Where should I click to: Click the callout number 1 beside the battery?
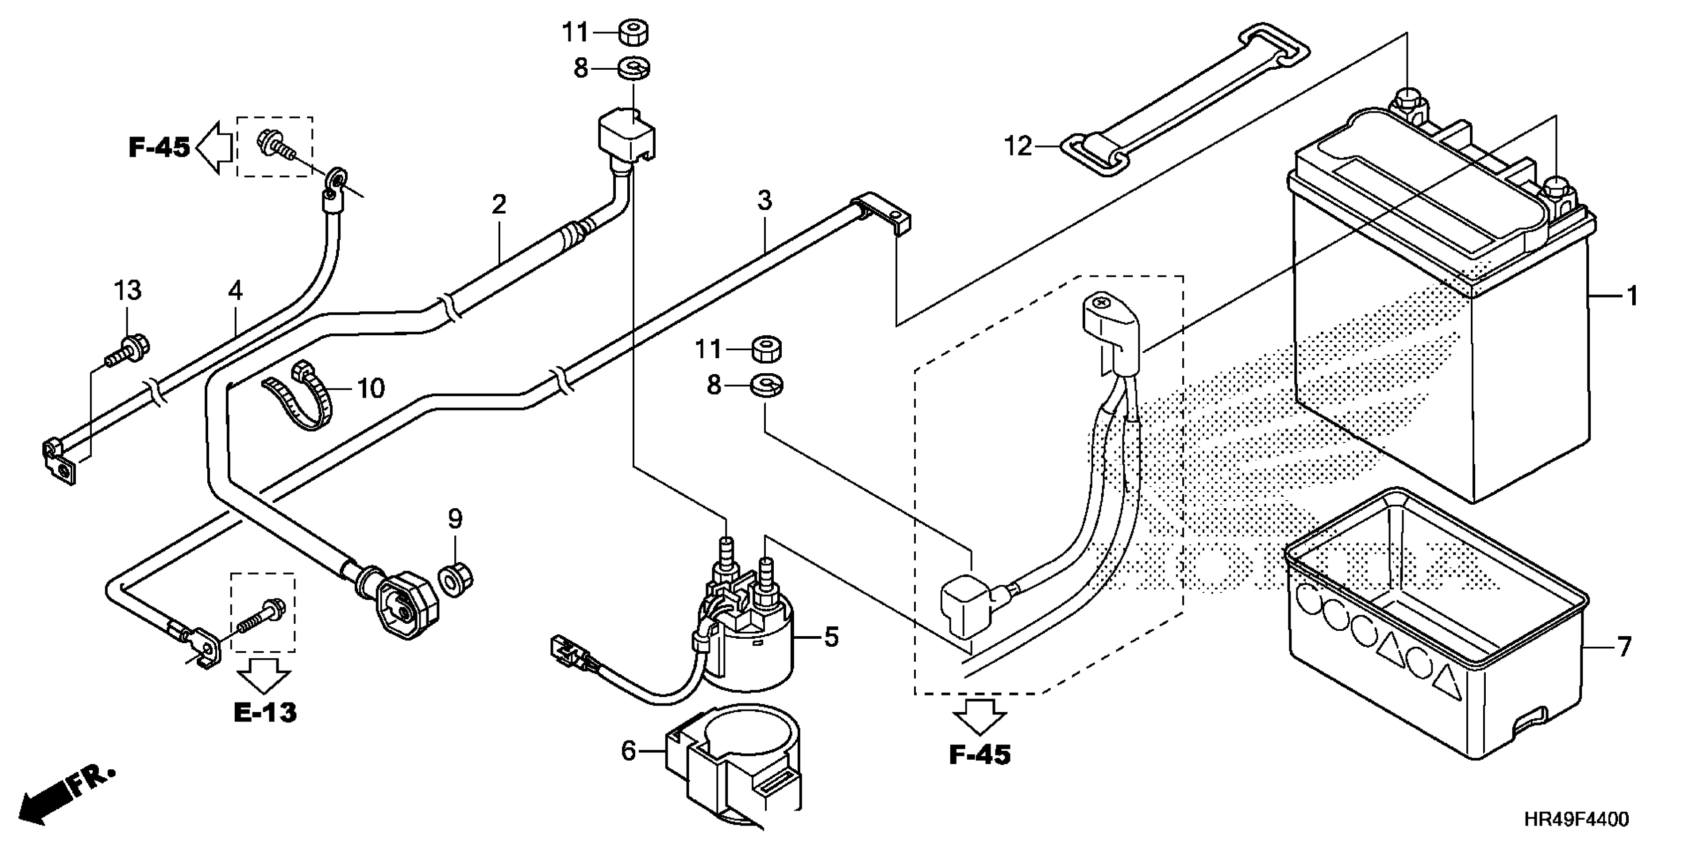(x=1632, y=297)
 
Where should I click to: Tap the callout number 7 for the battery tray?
(x=1624, y=647)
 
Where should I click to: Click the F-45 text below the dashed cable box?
(x=979, y=755)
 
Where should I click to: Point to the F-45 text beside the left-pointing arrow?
(x=159, y=147)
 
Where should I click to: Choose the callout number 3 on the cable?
(x=764, y=201)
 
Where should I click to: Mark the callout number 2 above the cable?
(x=499, y=205)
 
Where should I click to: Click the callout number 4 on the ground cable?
(x=236, y=290)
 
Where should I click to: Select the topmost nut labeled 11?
(x=633, y=32)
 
